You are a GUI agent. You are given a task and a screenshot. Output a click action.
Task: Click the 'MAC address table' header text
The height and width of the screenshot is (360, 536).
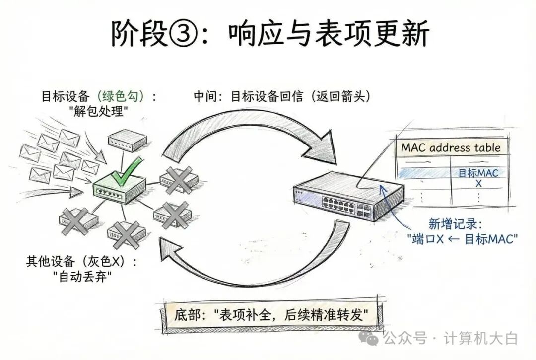tap(451, 147)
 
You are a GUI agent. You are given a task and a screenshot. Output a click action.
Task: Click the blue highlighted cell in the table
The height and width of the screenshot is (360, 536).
tap(422, 173)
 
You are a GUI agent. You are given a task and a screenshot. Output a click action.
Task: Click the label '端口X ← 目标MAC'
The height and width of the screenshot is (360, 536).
tap(463, 238)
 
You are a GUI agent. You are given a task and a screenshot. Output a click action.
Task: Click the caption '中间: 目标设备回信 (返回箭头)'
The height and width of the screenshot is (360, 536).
tap(282, 96)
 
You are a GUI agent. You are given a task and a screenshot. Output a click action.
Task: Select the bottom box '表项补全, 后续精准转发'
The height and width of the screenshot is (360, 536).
tap(270, 314)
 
